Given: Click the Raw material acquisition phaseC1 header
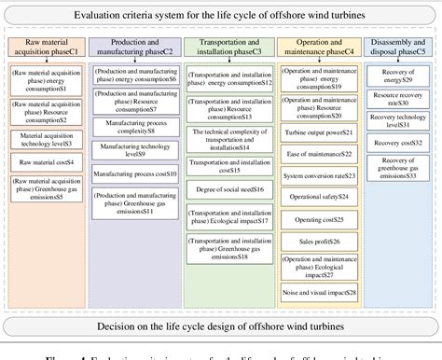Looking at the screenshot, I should (47, 49).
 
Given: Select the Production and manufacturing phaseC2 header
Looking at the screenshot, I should (137, 49).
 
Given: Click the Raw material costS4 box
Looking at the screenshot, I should (47, 161).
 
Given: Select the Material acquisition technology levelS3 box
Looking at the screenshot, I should (47, 139).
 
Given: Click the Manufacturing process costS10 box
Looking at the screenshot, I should (137, 174).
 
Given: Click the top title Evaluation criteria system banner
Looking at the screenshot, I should (221, 17).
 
